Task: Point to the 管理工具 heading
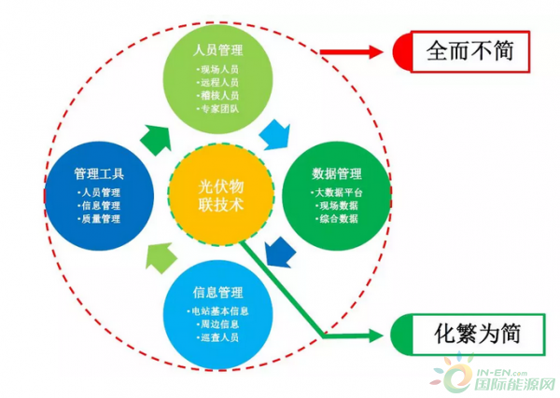coord(99,173)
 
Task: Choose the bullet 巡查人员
coord(219,336)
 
